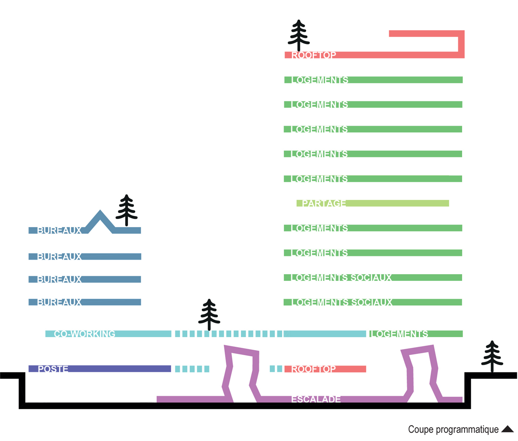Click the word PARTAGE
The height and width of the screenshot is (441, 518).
[x=324, y=203]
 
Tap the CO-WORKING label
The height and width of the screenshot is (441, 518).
[x=84, y=334]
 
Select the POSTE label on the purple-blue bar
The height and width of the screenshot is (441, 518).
[x=53, y=369]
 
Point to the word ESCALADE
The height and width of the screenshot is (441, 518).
[x=316, y=399]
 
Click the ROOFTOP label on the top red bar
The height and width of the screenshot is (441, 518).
[x=314, y=55]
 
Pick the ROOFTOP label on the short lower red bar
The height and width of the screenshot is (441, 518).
[x=313, y=369]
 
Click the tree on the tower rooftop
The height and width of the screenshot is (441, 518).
[x=299, y=36]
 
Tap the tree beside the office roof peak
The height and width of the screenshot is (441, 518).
[x=127, y=210]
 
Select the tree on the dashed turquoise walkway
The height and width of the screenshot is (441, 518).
[x=209, y=314]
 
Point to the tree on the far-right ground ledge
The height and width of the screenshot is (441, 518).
[x=492, y=356]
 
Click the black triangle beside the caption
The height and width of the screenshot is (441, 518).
[x=507, y=429]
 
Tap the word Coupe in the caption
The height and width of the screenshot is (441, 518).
[x=421, y=430]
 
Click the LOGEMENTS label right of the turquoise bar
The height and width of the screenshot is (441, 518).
[x=399, y=334]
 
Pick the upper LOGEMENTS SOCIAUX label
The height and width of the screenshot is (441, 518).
[x=341, y=277]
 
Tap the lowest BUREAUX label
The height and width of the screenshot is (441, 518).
[x=59, y=302]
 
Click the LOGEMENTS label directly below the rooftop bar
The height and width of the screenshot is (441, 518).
[x=320, y=80]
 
